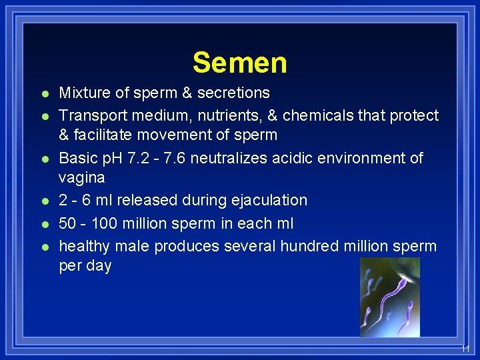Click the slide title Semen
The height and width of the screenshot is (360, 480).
point(240,63)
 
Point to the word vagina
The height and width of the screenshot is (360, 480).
point(81,178)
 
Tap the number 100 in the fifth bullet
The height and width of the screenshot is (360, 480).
point(103,223)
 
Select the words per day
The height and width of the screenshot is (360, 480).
point(85,265)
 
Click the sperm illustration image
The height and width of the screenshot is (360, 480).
point(390,297)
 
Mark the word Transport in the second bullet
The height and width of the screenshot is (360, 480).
point(91,115)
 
